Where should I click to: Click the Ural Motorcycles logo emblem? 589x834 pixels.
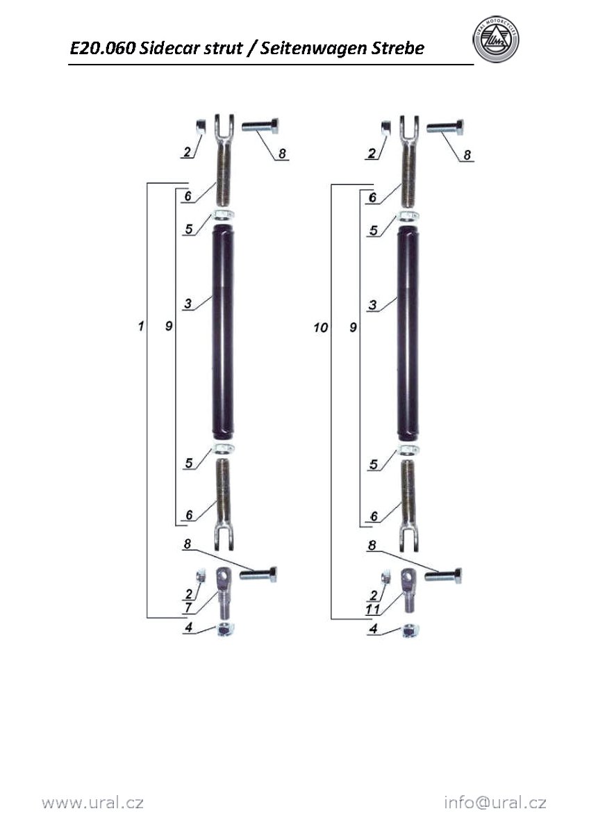tap(496, 40)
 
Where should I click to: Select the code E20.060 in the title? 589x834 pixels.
tap(102, 48)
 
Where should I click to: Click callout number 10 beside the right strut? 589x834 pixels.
tap(321, 327)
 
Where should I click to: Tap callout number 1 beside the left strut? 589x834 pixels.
tap(141, 327)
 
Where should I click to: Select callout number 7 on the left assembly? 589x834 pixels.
tap(188, 607)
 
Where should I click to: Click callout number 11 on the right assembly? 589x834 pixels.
tap(372, 609)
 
